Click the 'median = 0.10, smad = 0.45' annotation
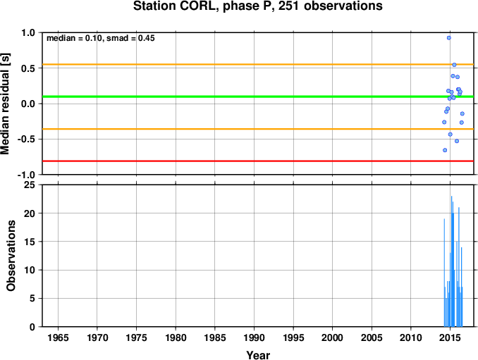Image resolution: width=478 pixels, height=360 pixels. [101, 38]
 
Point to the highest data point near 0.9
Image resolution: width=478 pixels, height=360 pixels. [448, 38]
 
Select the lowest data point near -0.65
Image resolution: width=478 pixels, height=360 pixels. [445, 150]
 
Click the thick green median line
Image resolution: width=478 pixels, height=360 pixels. [258, 97]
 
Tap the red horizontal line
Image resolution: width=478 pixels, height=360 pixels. [258, 161]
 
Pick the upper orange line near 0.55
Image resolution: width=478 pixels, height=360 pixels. [258, 65]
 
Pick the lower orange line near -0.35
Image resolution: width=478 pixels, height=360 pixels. [258, 129]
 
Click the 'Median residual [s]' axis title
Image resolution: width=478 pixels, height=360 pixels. [5, 104]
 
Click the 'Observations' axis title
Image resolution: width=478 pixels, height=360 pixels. [11, 256]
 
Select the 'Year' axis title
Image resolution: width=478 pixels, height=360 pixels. [258, 355]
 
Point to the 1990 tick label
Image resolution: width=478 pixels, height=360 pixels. [254, 337]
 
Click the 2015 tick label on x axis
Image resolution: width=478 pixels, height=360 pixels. [450, 337]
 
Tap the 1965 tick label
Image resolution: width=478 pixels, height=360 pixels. [58, 337]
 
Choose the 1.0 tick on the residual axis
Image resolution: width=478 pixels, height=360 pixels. [28, 32]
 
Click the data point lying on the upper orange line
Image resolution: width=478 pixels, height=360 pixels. [454, 65]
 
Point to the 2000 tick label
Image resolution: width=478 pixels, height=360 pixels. [332, 337]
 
